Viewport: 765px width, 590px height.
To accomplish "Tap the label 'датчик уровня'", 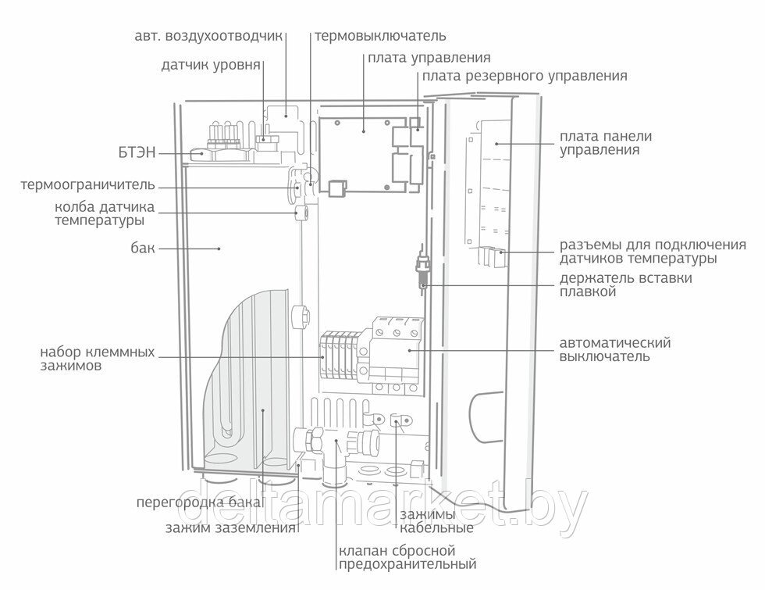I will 211,65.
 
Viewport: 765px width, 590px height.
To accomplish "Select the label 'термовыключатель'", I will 380,36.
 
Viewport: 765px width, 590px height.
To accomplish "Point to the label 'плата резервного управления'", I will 525,77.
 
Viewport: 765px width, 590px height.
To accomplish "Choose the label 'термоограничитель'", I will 88,186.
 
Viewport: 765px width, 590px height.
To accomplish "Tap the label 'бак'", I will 143,249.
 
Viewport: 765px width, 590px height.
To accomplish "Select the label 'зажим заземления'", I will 230,527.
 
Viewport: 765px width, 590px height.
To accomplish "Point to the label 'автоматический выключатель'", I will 615,349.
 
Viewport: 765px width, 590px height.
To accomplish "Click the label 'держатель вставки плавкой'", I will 625,285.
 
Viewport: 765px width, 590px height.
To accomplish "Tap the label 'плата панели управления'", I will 605,143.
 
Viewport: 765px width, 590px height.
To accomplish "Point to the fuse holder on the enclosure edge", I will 422,266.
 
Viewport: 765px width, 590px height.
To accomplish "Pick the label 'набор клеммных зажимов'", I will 97,358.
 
